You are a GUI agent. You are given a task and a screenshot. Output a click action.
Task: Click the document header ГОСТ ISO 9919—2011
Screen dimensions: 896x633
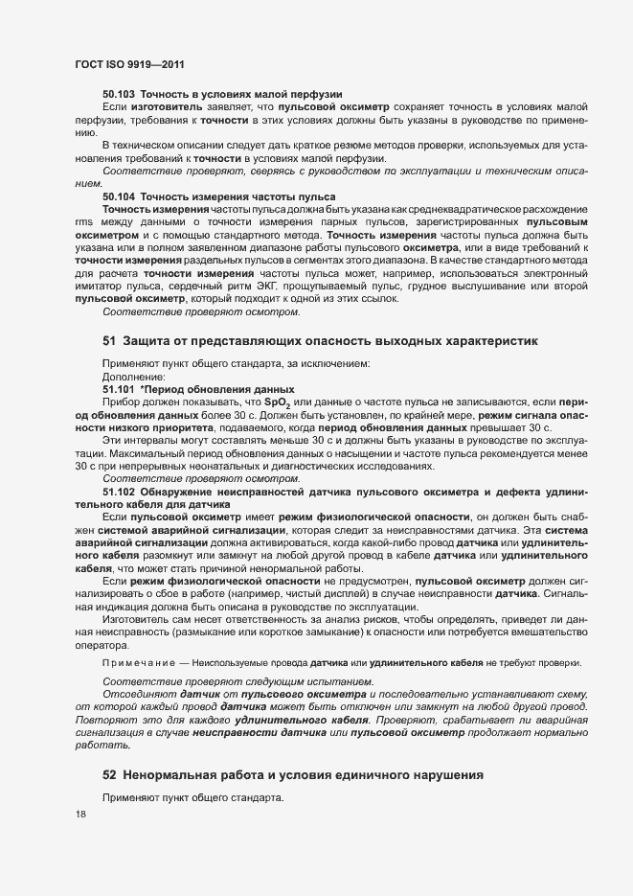click(129, 64)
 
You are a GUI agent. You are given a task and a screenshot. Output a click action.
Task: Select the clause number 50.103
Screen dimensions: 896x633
click(120, 94)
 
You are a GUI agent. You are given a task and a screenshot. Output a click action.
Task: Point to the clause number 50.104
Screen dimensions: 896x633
click(120, 195)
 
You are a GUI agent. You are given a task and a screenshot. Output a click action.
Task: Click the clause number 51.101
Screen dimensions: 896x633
click(120, 390)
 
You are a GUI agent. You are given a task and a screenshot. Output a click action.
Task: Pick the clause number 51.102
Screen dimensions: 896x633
click(120, 491)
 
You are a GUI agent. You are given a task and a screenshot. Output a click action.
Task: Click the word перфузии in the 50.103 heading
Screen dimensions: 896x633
click(313, 94)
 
